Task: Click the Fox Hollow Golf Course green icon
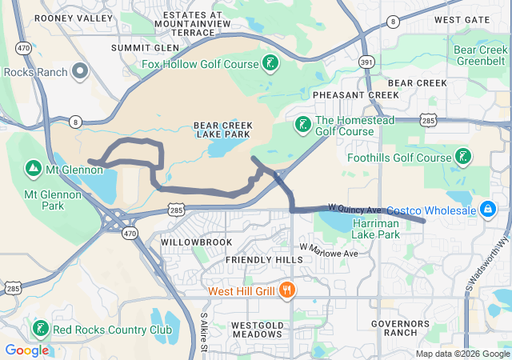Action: pos(271,63)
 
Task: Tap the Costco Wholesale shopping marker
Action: pos(488,210)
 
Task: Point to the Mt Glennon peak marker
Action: pos(33,169)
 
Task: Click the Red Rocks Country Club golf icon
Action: pos(40,329)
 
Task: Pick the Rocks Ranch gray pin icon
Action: pos(80,72)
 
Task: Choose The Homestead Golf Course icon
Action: pos(302,125)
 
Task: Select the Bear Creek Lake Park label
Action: pos(222,130)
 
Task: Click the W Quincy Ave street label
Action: pos(354,209)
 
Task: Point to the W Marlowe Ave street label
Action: pos(329,252)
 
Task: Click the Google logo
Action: pos(26,350)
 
